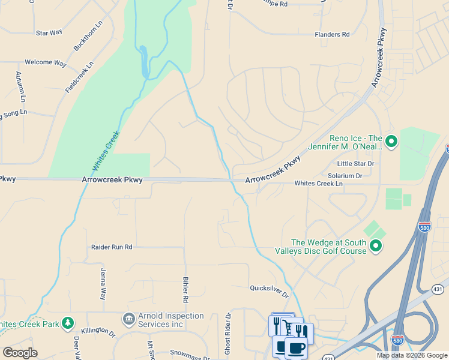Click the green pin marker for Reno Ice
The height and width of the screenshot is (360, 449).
(391, 142)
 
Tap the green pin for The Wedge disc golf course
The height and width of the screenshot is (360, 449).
(376, 245)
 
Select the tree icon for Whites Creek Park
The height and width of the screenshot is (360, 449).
(67, 323)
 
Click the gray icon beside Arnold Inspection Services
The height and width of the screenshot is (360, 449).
(128, 318)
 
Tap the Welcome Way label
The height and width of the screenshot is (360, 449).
(45, 62)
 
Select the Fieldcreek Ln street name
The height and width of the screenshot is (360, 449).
(80, 77)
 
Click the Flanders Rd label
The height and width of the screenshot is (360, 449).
(332, 35)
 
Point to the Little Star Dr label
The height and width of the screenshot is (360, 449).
(355, 163)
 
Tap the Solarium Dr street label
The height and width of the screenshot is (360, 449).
(345, 176)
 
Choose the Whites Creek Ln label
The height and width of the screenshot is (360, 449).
(318, 184)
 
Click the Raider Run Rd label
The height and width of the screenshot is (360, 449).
(112, 247)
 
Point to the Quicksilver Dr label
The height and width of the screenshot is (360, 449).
(270, 291)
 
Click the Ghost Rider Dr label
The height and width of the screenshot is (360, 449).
(228, 334)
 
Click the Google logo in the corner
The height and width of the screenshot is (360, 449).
(20, 352)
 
